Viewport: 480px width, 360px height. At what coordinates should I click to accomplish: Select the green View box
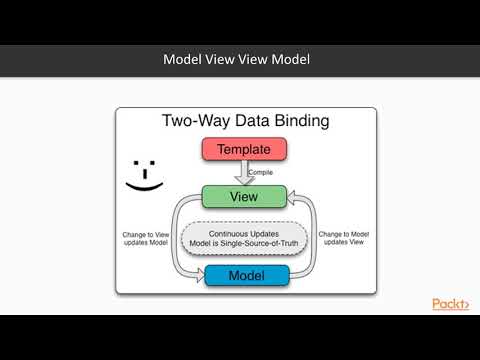point(237,196)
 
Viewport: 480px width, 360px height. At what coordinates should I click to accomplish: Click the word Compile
point(259,172)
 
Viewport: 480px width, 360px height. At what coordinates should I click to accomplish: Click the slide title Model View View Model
point(237,60)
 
